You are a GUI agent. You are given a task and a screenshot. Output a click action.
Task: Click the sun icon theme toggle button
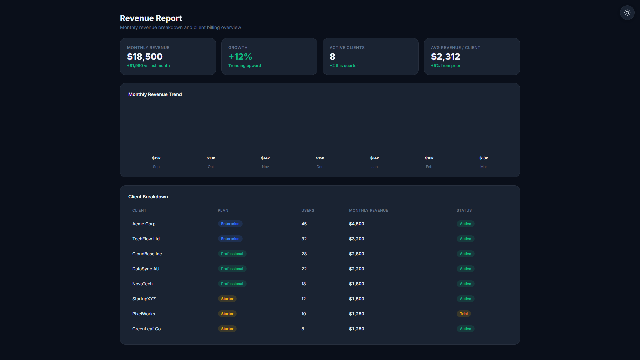[x=627, y=13]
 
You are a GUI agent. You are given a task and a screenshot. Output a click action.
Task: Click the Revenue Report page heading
[x=151, y=18]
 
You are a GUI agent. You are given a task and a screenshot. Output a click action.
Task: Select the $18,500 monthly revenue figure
[x=145, y=57]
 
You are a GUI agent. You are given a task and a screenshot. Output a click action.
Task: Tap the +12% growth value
[x=240, y=57]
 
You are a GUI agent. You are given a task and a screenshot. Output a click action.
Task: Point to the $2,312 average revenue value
[x=445, y=57]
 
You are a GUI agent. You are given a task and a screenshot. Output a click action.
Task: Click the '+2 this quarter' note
[x=344, y=66]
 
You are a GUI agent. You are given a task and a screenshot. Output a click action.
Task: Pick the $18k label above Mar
[x=484, y=158]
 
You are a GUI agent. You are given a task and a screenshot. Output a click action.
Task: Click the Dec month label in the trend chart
[x=320, y=167]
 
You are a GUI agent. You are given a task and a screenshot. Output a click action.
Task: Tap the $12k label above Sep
[x=156, y=158]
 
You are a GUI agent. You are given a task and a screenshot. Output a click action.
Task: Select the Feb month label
[x=429, y=167]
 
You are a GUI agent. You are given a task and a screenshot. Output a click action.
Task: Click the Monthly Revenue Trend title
[x=155, y=94]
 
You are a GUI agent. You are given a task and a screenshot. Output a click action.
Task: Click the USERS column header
[x=308, y=210]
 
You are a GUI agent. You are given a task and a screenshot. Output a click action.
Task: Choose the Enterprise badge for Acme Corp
[x=230, y=224]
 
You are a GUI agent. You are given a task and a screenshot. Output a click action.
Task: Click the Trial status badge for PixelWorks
[x=464, y=314]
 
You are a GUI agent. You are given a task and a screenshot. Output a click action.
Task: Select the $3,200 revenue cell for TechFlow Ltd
[x=357, y=239]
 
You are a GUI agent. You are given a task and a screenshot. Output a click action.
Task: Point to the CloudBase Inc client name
[x=147, y=254]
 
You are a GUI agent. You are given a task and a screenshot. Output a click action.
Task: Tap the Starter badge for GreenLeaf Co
[x=227, y=329]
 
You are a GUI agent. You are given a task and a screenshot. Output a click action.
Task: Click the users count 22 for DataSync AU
[x=304, y=269]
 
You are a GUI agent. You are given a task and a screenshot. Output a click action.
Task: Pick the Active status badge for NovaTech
[x=465, y=284]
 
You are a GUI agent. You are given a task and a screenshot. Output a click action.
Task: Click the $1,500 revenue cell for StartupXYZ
[x=357, y=299]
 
